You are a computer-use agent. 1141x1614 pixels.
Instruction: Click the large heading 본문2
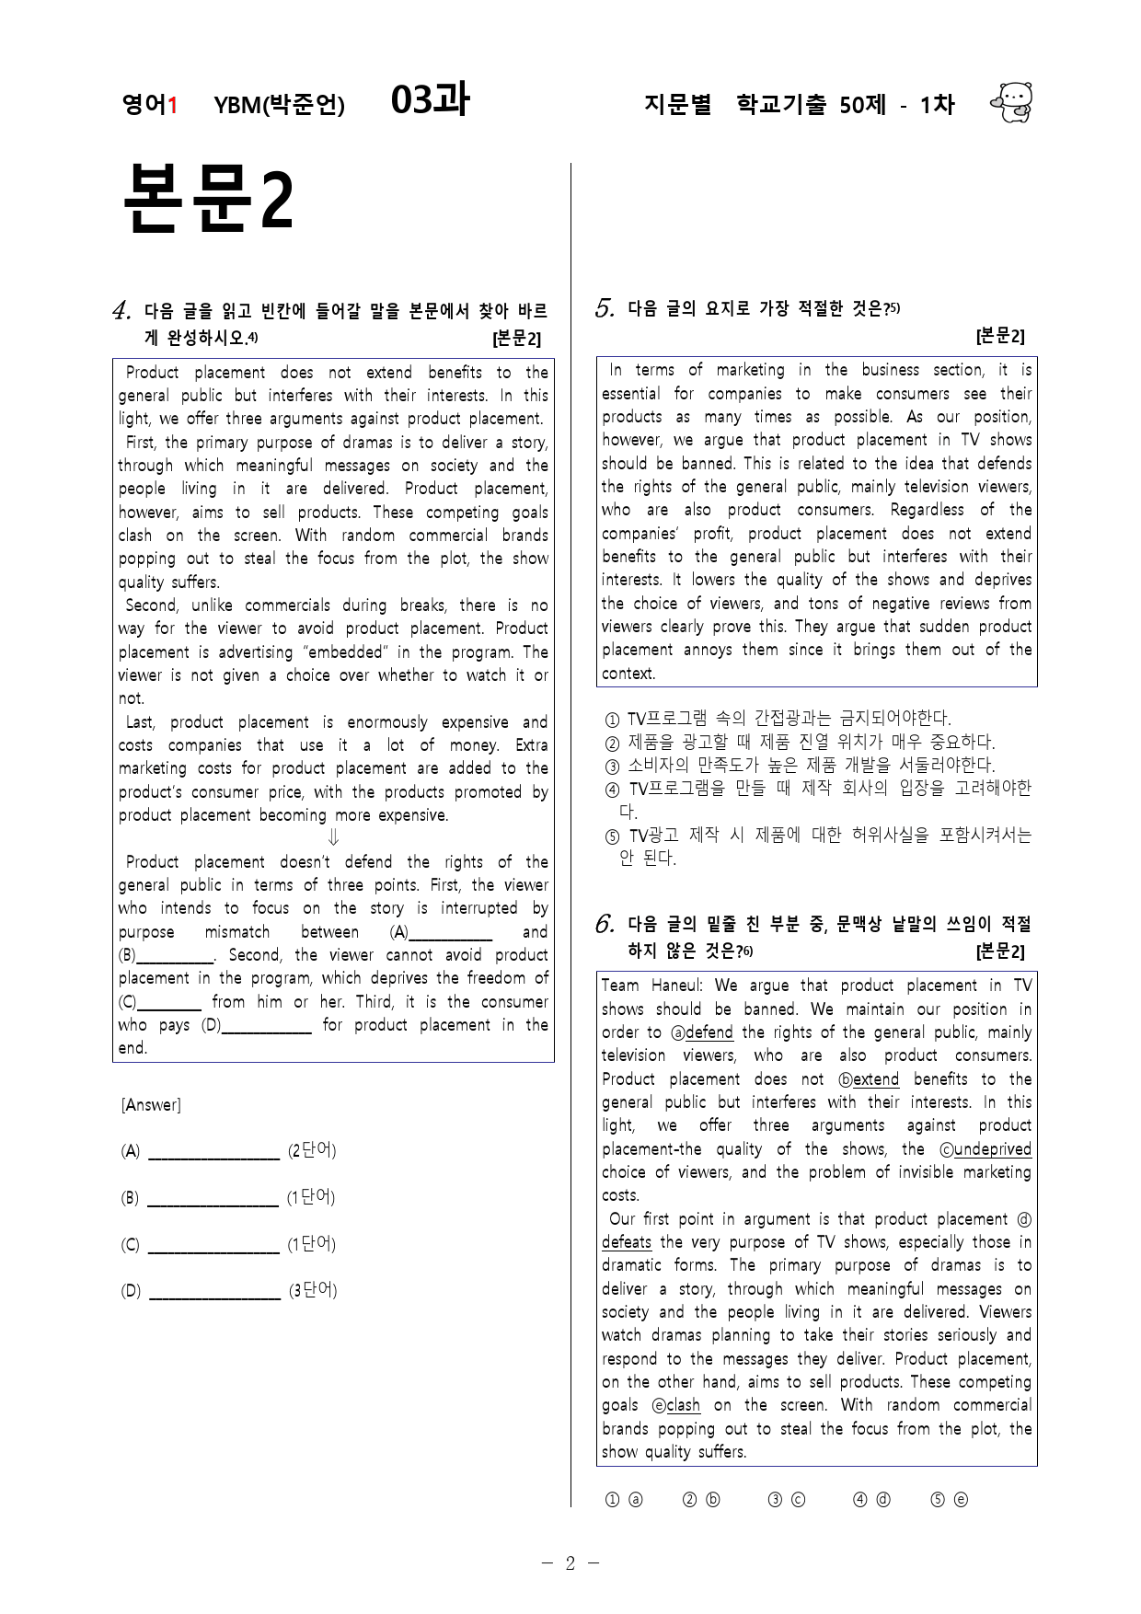coord(208,199)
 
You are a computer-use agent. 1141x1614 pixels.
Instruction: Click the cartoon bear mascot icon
coord(1011,102)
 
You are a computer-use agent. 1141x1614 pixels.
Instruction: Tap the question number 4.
coord(121,311)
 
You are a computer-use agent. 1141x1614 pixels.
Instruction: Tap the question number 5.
coord(605,308)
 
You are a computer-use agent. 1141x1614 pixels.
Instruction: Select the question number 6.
coord(605,924)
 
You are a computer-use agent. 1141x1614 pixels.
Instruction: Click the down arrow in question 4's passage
coord(333,837)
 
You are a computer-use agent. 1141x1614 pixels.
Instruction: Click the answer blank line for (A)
coord(213,1152)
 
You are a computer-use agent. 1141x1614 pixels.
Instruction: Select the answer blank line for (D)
coord(214,1292)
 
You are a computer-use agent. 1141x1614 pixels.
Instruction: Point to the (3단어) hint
coord(313,1290)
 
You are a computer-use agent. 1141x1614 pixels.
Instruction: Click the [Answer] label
coord(151,1104)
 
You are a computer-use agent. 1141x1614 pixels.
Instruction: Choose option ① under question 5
coord(612,719)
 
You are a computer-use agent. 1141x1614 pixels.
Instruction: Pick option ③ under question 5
coord(612,766)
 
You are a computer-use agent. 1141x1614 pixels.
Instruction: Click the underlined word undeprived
coord(992,1149)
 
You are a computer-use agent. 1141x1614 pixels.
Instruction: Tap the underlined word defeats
coord(627,1242)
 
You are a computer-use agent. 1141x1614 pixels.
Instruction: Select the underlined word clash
coord(683,1405)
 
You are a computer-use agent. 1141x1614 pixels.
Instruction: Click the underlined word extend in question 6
coord(875,1079)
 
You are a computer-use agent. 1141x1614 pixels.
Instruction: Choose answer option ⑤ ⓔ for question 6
coord(949,1500)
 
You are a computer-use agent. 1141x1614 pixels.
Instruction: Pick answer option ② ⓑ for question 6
coord(701,1500)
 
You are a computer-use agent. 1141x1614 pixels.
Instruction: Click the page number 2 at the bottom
coord(570,1563)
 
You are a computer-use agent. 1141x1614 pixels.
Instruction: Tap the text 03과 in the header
coord(430,100)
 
